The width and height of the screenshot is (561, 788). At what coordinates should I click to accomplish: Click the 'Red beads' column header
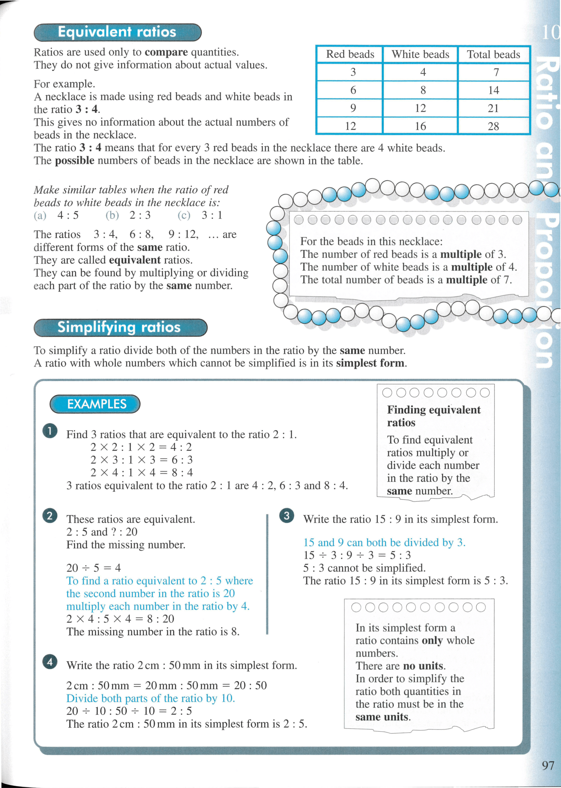click(x=350, y=54)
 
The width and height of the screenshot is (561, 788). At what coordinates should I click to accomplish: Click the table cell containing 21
click(x=493, y=108)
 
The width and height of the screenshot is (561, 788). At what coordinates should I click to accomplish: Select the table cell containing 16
click(x=420, y=126)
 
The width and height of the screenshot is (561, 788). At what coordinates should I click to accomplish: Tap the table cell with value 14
click(x=493, y=90)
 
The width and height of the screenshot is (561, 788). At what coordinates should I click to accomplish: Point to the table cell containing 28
click(x=493, y=126)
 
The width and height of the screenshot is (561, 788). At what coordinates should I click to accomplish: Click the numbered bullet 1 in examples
click(x=50, y=431)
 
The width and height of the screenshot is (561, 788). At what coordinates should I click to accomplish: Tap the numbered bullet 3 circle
click(x=287, y=516)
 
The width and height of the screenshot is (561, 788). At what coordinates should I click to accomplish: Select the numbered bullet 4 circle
click(x=50, y=662)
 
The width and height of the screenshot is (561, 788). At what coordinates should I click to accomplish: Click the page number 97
click(x=548, y=765)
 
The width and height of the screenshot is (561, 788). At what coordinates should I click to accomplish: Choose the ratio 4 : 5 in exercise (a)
click(x=68, y=215)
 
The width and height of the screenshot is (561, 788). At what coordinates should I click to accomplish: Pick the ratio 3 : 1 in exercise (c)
click(x=212, y=215)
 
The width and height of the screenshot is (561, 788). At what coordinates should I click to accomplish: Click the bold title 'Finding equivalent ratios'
click(x=433, y=416)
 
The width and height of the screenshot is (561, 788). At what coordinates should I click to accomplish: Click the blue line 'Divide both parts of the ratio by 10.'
click(x=150, y=698)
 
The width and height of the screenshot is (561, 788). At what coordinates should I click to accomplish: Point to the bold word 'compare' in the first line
click(x=166, y=52)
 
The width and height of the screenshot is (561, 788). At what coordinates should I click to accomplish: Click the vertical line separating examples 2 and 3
click(x=267, y=573)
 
